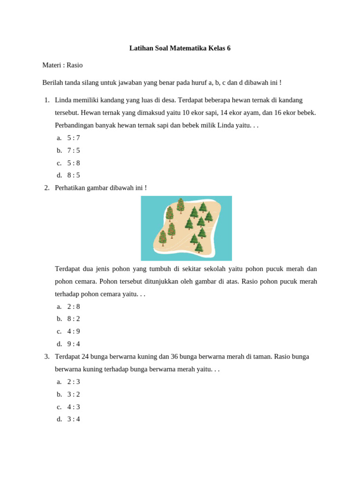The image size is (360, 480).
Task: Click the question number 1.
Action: click(x=46, y=100)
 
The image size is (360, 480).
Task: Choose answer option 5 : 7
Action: click(x=74, y=138)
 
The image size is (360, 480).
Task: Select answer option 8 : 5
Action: click(x=74, y=175)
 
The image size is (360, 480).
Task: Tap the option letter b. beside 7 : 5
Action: click(x=60, y=150)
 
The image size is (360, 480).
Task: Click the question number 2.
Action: click(x=46, y=187)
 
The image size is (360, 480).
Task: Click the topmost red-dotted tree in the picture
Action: click(x=180, y=205)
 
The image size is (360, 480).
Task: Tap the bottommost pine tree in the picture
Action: click(x=199, y=247)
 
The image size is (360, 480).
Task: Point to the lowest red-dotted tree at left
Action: click(x=163, y=238)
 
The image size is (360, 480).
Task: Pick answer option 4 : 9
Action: click(x=74, y=331)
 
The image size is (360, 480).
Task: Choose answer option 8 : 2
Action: click(x=74, y=319)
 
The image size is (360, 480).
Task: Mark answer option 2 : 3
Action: click(x=74, y=382)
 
